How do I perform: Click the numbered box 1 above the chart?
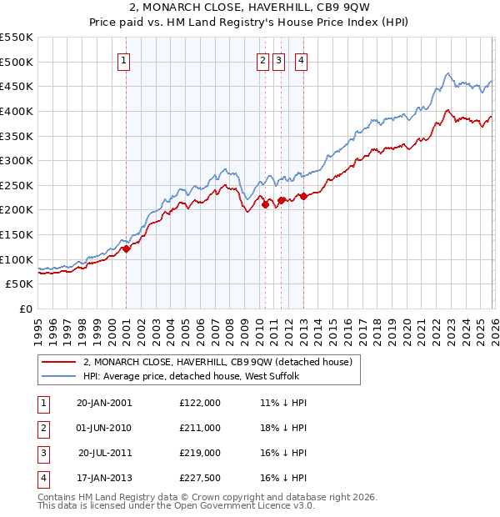(x=123, y=60)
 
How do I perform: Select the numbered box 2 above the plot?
(x=262, y=60)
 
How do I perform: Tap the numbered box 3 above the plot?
(x=278, y=60)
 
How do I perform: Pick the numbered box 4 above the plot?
(x=300, y=60)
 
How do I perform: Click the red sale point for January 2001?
(x=127, y=248)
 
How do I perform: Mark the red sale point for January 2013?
(x=303, y=196)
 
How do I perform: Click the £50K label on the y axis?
(x=19, y=284)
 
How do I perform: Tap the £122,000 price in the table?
(x=200, y=402)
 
